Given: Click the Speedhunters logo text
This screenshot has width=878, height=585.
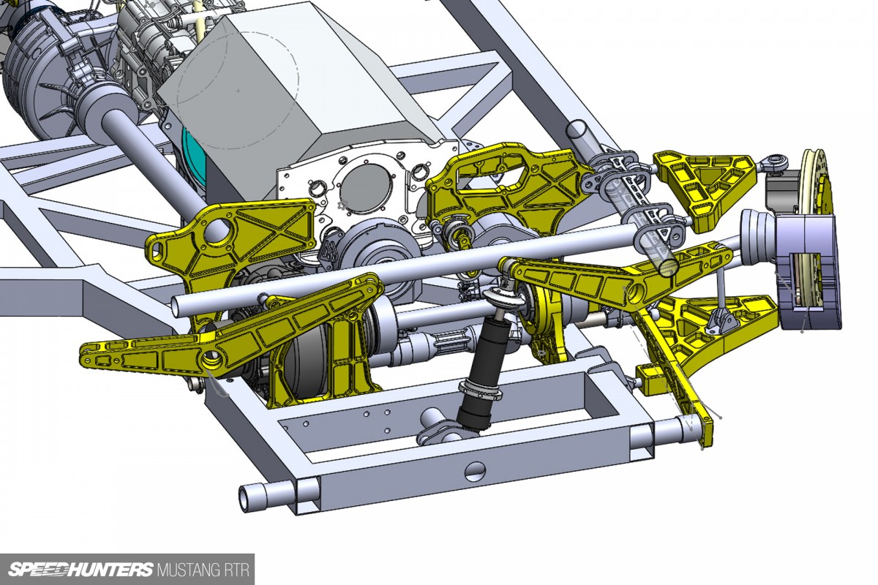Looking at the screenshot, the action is (x=81, y=570).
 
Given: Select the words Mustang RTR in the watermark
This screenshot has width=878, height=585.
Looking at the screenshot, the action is (x=203, y=570).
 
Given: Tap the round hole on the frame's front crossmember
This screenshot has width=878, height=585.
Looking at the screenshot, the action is (x=475, y=472).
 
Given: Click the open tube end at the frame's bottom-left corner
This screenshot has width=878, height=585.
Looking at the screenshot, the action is (x=247, y=498).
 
